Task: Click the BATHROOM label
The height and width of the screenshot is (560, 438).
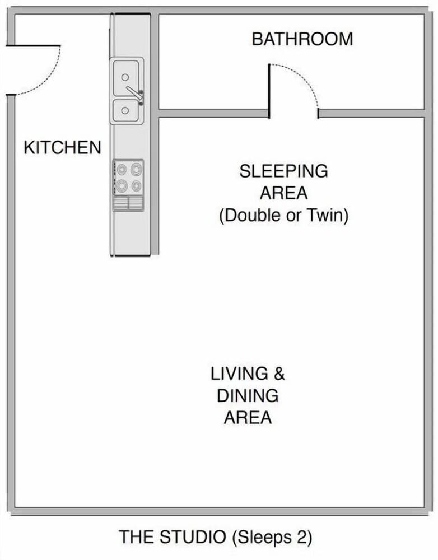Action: tap(302, 39)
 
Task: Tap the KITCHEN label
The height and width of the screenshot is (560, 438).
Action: tap(62, 148)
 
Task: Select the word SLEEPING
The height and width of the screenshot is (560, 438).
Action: tap(283, 171)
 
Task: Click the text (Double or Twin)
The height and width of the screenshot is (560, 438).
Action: tap(283, 216)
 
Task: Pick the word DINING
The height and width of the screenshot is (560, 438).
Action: tap(248, 396)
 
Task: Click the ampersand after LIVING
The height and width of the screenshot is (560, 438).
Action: tap(278, 374)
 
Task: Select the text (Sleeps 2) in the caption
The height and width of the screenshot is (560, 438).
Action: tap(272, 537)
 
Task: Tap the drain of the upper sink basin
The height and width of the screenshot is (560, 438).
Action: tap(125, 77)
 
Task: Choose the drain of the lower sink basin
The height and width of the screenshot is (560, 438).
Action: tap(125, 111)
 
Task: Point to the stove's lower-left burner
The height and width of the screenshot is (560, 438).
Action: tap(122, 185)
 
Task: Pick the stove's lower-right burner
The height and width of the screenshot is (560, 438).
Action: tap(136, 185)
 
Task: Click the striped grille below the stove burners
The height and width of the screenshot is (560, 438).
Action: tap(128, 203)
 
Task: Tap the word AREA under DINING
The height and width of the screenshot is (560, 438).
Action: tap(248, 418)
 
